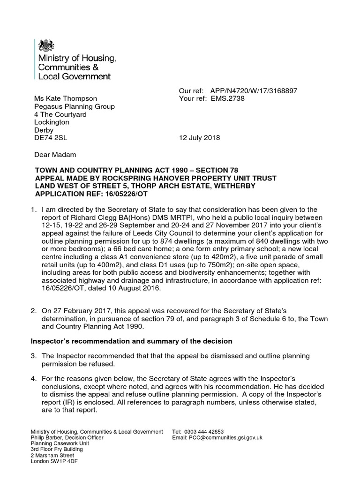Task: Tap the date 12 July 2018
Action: [200, 138]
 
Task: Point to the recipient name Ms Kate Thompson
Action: [66, 99]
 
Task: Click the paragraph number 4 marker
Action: [34, 378]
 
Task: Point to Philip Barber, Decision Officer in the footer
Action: [71, 437]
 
